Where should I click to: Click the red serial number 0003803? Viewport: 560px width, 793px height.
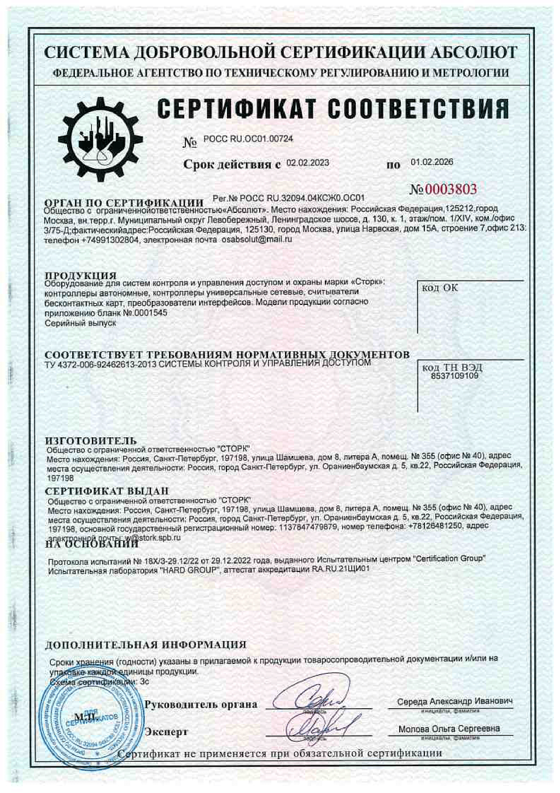click(444, 189)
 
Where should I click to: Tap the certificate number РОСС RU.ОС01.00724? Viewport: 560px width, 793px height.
click(248, 139)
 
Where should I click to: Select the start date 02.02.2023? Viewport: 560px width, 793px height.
click(308, 163)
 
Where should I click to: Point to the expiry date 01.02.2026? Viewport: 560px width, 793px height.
click(431, 163)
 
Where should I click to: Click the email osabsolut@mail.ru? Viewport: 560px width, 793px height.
click(257, 239)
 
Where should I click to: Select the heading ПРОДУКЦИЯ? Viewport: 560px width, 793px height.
click(80, 275)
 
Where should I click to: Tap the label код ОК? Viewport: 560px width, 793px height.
click(440, 288)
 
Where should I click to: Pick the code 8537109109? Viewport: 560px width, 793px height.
click(454, 376)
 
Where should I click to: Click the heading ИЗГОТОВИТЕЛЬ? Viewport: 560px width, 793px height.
click(90, 441)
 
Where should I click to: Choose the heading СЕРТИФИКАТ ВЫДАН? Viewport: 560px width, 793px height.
click(107, 491)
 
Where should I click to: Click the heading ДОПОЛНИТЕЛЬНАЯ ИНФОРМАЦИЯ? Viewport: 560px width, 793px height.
click(145, 645)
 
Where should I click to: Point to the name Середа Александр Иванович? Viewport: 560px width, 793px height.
click(454, 702)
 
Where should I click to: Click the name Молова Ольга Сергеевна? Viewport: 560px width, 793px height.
click(448, 729)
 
